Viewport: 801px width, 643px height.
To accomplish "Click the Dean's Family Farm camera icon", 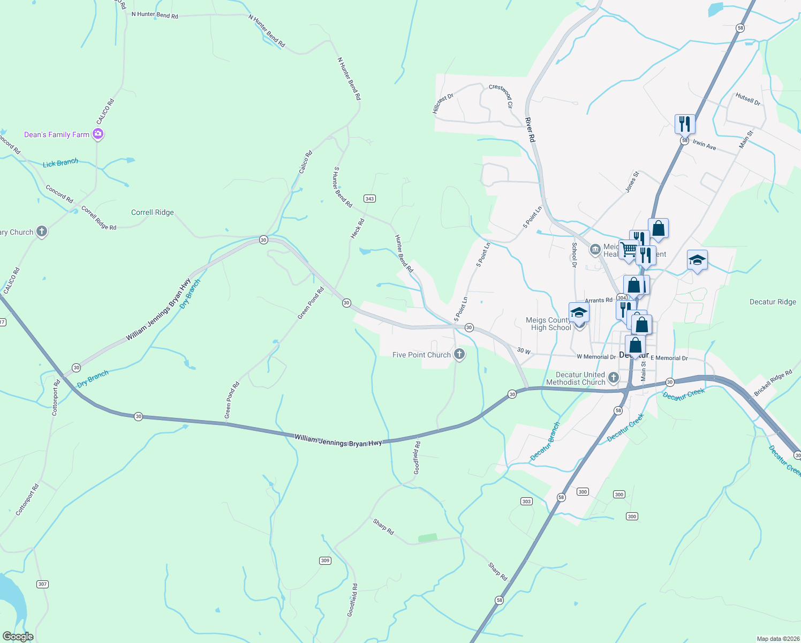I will (x=97, y=134).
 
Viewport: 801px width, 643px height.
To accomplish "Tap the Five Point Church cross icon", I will (x=459, y=354).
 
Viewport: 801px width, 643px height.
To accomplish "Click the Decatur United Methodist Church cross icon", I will (x=614, y=378).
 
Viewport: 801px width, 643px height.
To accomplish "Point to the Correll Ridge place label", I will (x=153, y=213).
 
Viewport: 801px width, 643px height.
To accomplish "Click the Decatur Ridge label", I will (x=773, y=302).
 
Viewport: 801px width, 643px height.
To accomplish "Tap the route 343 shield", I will (x=369, y=199).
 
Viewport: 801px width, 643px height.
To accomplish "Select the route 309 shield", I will (x=325, y=561).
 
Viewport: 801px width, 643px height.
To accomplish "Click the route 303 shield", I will (x=526, y=502).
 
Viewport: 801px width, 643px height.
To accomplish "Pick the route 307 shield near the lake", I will (x=43, y=584).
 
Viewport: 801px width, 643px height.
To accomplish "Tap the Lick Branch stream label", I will (x=61, y=163).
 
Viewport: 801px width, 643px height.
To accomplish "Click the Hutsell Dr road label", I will (x=748, y=100).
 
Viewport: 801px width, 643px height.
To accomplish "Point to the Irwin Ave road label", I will (x=704, y=145).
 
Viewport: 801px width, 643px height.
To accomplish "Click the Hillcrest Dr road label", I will (x=443, y=103).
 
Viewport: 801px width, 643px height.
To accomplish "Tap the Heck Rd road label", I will (x=358, y=229).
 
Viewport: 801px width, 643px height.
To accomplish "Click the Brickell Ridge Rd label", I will (x=773, y=383).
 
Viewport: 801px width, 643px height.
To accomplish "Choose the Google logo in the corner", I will (x=18, y=637).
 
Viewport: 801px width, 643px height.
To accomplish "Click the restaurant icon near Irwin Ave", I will (x=685, y=124).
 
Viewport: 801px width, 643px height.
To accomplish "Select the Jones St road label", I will (x=632, y=182).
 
